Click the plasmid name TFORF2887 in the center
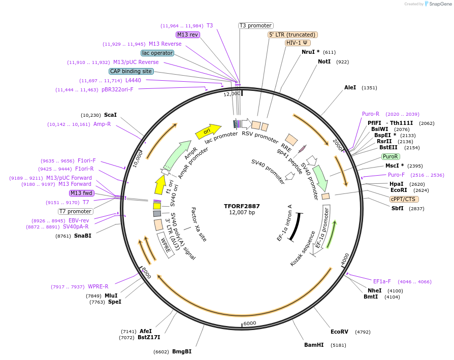[x=242, y=206]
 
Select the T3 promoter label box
[x=256, y=25]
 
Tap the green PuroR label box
[x=391, y=156]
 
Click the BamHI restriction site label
[x=313, y=345]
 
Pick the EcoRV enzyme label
[x=339, y=332]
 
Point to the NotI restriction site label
[x=324, y=61]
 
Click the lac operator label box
[x=157, y=53]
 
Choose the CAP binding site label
[x=131, y=71]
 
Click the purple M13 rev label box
[x=188, y=35]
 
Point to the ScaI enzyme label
[x=110, y=115]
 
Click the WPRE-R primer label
[x=98, y=287]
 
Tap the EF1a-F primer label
[x=382, y=281]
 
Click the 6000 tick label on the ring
[x=249, y=323]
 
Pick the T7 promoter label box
[x=76, y=211]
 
